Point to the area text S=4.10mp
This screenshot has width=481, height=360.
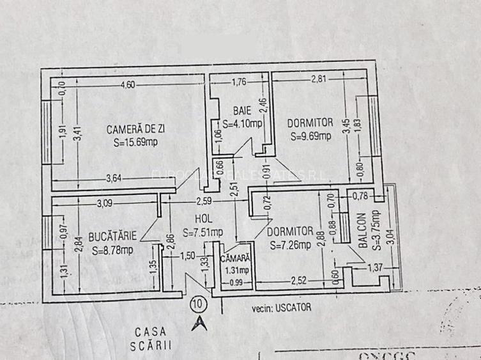[x=242, y=124]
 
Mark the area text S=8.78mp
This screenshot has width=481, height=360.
[x=112, y=250]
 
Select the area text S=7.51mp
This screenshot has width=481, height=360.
[x=203, y=231]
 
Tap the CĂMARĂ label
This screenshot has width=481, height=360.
[x=234, y=259]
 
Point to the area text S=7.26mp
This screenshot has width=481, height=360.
[x=291, y=244]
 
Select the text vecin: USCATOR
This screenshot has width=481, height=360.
[x=282, y=308]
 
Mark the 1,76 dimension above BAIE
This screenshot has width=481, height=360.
[x=238, y=81]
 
